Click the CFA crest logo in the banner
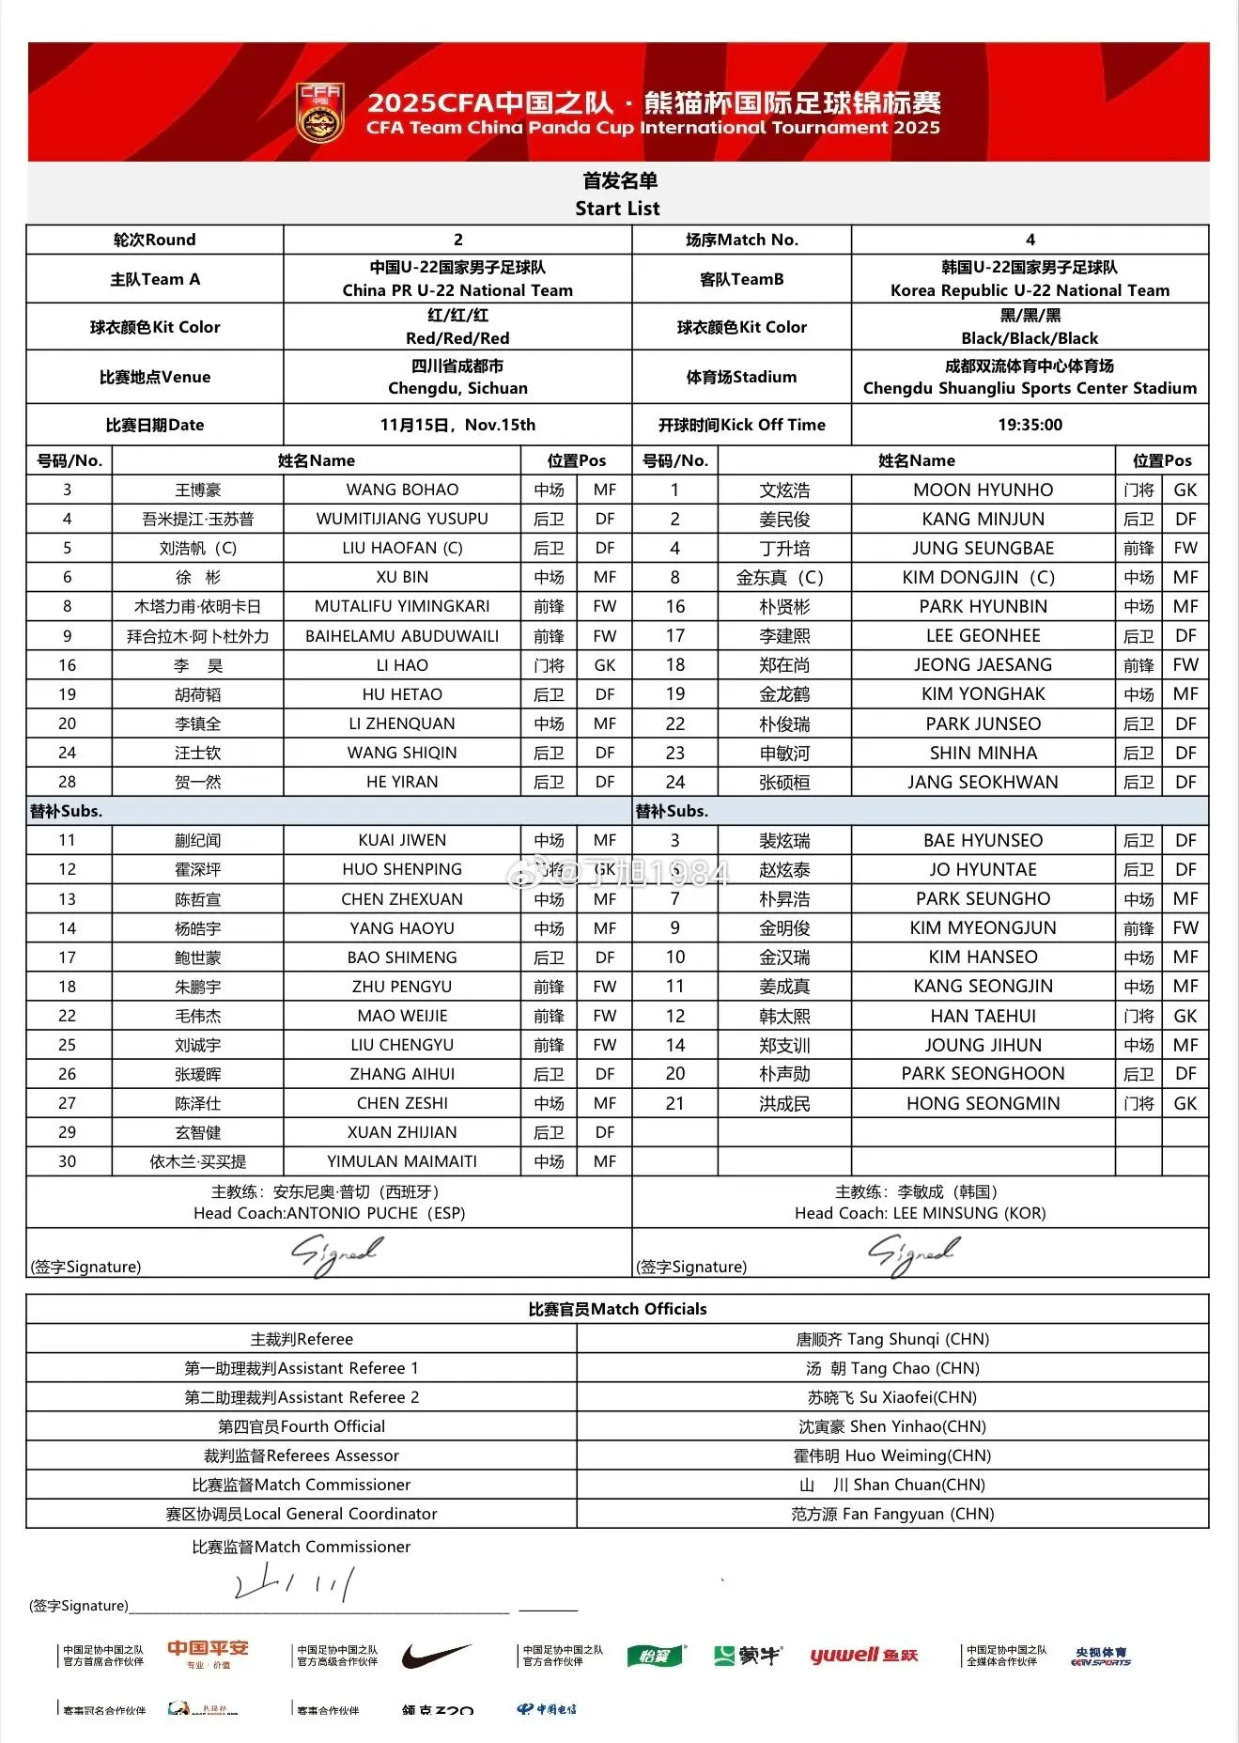(320, 113)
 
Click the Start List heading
(617, 208)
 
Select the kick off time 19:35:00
(1030, 425)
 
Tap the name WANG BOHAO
(402, 490)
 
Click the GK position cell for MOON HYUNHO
(1185, 490)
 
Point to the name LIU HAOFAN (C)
(402, 548)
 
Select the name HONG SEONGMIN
(983, 1103)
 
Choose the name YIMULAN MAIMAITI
(402, 1161)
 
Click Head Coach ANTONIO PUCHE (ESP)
(329, 1213)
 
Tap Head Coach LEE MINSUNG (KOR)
(920, 1213)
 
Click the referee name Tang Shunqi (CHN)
(892, 1339)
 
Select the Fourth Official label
(302, 1426)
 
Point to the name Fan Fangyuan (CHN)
(892, 1514)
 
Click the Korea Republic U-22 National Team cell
(1030, 279)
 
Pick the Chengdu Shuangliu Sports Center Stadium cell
(1030, 377)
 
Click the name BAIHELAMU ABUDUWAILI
(402, 636)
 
